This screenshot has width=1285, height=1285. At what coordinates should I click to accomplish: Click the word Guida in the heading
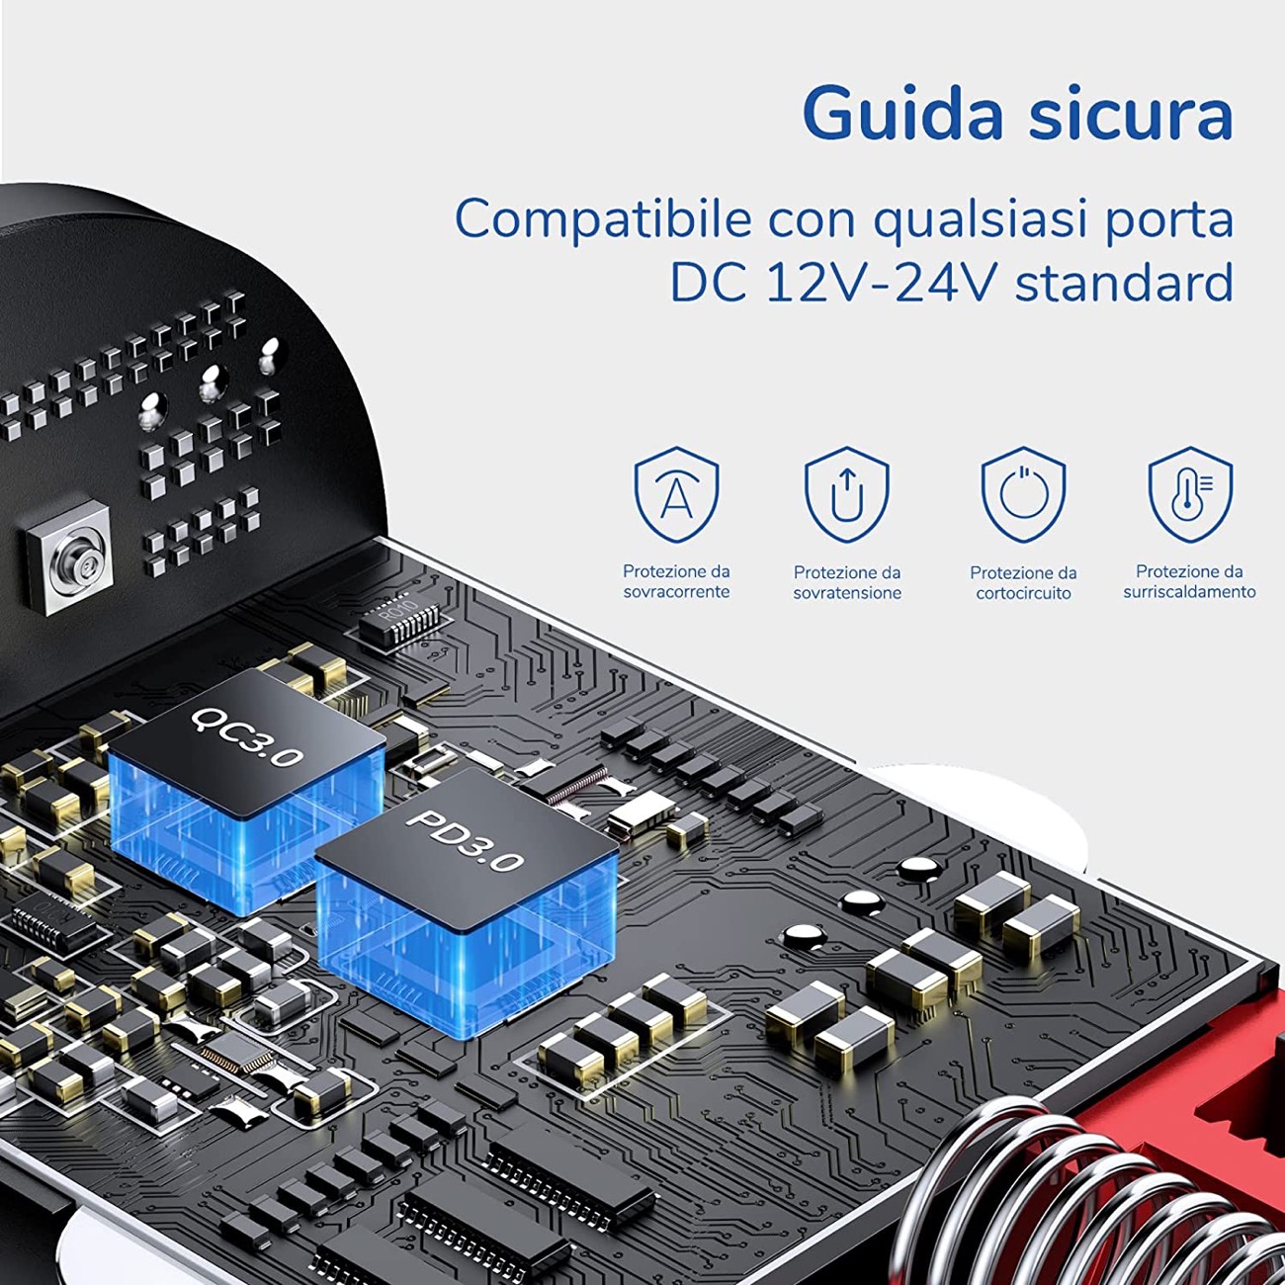tap(902, 113)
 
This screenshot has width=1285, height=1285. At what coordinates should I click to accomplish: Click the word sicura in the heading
tap(1131, 113)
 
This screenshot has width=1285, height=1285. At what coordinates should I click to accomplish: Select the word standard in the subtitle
tap(1124, 282)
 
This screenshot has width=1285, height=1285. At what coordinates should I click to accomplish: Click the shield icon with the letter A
tap(676, 494)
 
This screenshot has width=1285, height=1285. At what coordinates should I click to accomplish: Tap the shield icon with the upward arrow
tap(847, 494)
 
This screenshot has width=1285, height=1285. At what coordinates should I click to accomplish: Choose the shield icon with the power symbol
tap(1024, 494)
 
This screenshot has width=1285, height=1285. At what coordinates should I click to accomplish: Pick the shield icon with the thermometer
tap(1190, 494)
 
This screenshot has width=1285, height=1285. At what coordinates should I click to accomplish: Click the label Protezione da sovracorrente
tap(676, 581)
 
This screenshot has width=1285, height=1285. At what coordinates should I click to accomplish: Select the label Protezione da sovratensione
tap(847, 582)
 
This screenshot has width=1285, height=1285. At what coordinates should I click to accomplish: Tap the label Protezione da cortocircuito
tap(1024, 582)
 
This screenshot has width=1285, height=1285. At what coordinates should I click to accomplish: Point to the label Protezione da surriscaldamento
tap(1190, 581)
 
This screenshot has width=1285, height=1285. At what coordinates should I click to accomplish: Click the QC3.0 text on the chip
tap(247, 737)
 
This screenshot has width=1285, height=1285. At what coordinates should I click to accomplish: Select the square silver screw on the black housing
tap(69, 557)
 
